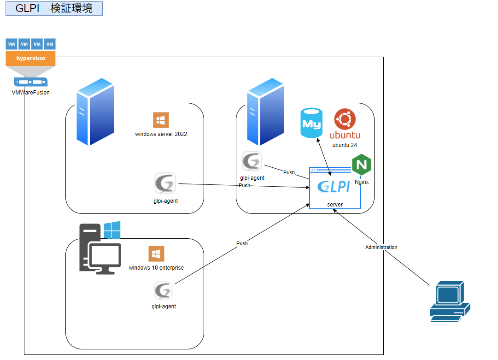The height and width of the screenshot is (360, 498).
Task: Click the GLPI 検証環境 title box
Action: point(54,8)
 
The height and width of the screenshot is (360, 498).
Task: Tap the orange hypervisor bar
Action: point(31,59)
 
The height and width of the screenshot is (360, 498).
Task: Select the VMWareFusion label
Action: point(31,93)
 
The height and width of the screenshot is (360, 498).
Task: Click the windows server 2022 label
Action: point(161,134)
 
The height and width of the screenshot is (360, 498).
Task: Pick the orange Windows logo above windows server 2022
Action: point(161,120)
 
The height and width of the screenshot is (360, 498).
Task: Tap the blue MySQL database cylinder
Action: point(311,123)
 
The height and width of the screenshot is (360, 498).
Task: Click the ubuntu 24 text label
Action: point(345,145)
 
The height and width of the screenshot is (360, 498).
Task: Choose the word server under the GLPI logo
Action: point(335,204)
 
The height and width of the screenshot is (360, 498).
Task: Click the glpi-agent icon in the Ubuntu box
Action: point(252,161)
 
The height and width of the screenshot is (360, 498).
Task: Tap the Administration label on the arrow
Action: point(381,248)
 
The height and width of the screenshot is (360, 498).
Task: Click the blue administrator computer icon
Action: point(449,301)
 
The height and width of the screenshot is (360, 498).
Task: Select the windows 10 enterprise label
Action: point(156,268)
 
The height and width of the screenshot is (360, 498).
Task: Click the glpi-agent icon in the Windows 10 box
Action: point(163,291)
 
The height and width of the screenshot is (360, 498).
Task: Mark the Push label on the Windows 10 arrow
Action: point(242,243)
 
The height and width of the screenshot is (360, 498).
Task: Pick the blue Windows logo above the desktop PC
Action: point(112,230)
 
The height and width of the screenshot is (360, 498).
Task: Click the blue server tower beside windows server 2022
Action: point(95,112)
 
